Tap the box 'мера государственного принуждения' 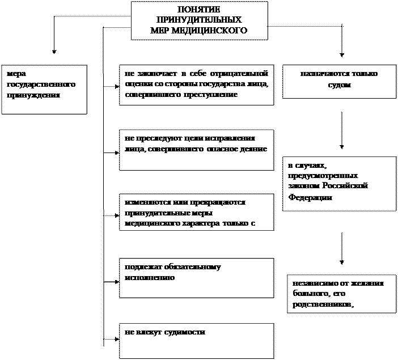(x=44, y=90)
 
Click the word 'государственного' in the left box (x=41, y=84)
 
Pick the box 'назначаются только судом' (x=339, y=82)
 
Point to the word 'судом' (x=339, y=85)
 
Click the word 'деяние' (x=252, y=149)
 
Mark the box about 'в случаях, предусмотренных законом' (x=339, y=184)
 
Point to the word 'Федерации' (x=310, y=197)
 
